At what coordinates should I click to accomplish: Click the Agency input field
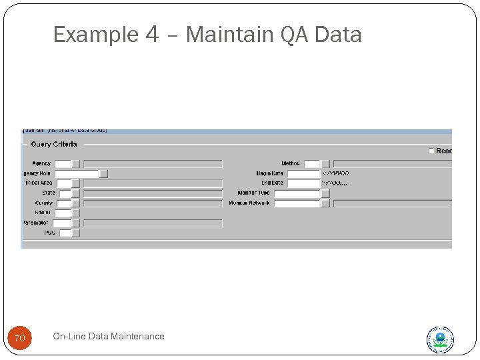point(63,163)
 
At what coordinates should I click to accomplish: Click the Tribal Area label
point(39,183)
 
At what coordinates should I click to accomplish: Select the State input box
point(65,193)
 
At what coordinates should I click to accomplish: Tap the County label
point(44,203)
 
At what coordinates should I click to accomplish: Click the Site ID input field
point(63,213)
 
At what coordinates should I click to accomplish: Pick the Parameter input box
point(63,223)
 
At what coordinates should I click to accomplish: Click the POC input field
point(65,233)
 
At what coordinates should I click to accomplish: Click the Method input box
point(312,163)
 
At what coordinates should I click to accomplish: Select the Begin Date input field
point(303,173)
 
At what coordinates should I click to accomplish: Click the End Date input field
point(303,183)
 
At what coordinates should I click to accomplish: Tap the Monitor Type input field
point(297,193)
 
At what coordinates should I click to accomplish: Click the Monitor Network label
point(249,203)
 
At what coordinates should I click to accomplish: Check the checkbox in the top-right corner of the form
point(431,151)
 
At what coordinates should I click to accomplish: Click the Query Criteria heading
point(54,144)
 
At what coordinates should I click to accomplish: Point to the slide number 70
point(19,339)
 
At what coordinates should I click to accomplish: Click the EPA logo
point(440,339)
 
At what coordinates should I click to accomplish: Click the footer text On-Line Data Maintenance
point(108,337)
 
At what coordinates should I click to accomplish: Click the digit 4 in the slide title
point(151,34)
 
